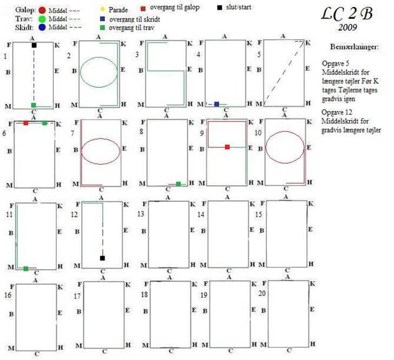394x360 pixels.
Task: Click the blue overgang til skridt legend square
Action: click(x=103, y=18)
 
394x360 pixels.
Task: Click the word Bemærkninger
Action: click(x=354, y=47)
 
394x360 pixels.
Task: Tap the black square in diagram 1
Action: click(x=34, y=45)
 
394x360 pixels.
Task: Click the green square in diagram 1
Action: click(x=34, y=105)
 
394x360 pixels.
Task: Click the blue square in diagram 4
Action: click(x=216, y=104)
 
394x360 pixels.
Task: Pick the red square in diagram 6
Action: click(x=25, y=123)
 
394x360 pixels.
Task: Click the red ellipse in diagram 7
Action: click(x=100, y=148)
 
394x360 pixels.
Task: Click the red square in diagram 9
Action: click(x=227, y=147)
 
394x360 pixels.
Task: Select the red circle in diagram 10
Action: click(x=285, y=147)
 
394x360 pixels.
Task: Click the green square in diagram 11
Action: click(x=25, y=269)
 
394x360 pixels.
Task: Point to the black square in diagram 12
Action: click(x=102, y=258)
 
